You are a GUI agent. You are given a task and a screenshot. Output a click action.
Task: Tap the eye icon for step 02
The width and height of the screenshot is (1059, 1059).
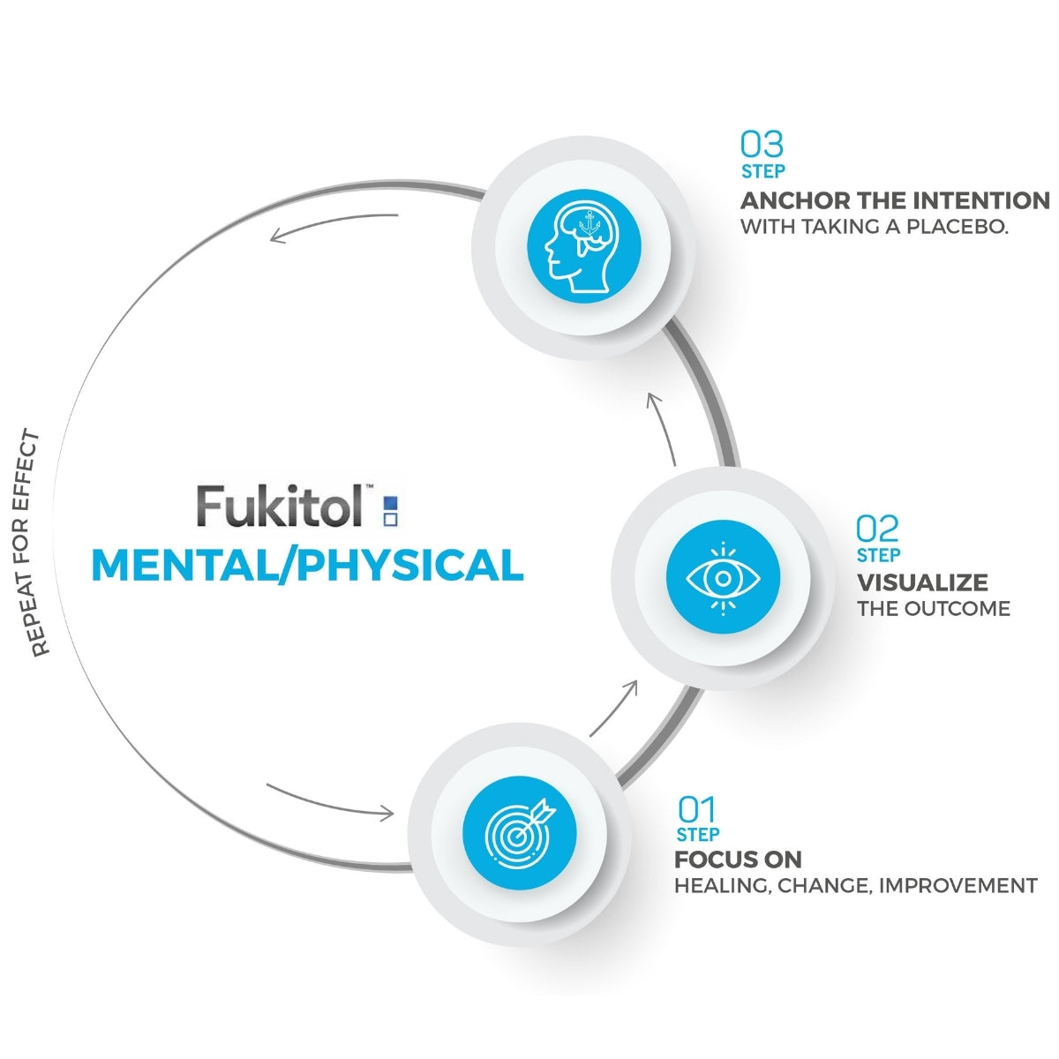723,578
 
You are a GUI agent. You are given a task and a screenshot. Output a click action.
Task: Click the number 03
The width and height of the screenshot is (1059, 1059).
762,144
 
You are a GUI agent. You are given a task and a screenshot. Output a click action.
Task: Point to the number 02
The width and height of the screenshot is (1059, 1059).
877,529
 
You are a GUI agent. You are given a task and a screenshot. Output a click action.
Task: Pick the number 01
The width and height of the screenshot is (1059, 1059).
696,809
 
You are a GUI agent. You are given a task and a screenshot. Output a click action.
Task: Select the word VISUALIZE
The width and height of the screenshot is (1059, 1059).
922,582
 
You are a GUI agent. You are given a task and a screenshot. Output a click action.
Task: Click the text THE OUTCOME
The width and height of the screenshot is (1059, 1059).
933,609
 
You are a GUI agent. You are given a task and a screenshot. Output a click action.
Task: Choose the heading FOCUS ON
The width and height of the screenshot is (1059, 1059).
738,860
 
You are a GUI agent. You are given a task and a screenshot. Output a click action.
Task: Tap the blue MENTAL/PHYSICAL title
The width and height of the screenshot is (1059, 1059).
307,566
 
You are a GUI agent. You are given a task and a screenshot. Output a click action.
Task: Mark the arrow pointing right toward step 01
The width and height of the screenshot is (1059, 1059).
329,801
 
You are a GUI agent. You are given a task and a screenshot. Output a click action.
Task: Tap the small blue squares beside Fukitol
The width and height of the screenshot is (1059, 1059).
390,511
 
